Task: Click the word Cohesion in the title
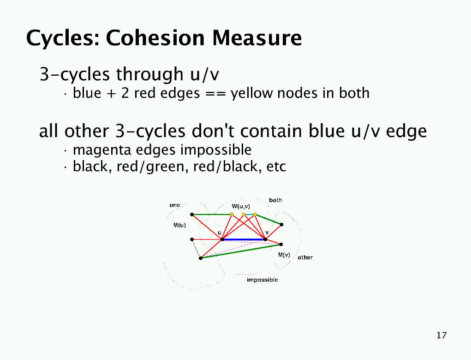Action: pyautogui.click(x=156, y=38)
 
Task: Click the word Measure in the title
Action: pyautogui.click(x=257, y=38)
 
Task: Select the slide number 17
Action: pyautogui.click(x=441, y=335)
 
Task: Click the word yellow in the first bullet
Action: pyautogui.click(x=252, y=93)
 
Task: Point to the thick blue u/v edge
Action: pyautogui.click(x=244, y=240)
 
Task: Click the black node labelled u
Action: pyautogui.click(x=222, y=240)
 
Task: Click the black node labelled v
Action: pyautogui.click(x=265, y=240)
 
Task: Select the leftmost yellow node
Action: pyautogui.click(x=232, y=215)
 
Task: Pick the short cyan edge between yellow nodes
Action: pyautogui.click(x=249, y=215)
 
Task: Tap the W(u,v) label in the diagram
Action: pyautogui.click(x=241, y=206)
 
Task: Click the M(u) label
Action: pyautogui.click(x=179, y=225)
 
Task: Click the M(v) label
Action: pyautogui.click(x=284, y=255)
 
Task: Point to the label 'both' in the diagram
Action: pyautogui.click(x=275, y=200)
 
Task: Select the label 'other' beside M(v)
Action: pyautogui.click(x=305, y=258)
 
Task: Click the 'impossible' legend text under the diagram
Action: pyautogui.click(x=262, y=280)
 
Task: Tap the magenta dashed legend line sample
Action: pyautogui.click(x=246, y=274)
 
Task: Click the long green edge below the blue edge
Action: pyautogui.click(x=241, y=251)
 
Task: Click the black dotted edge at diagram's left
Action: pyautogui.click(x=196, y=249)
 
